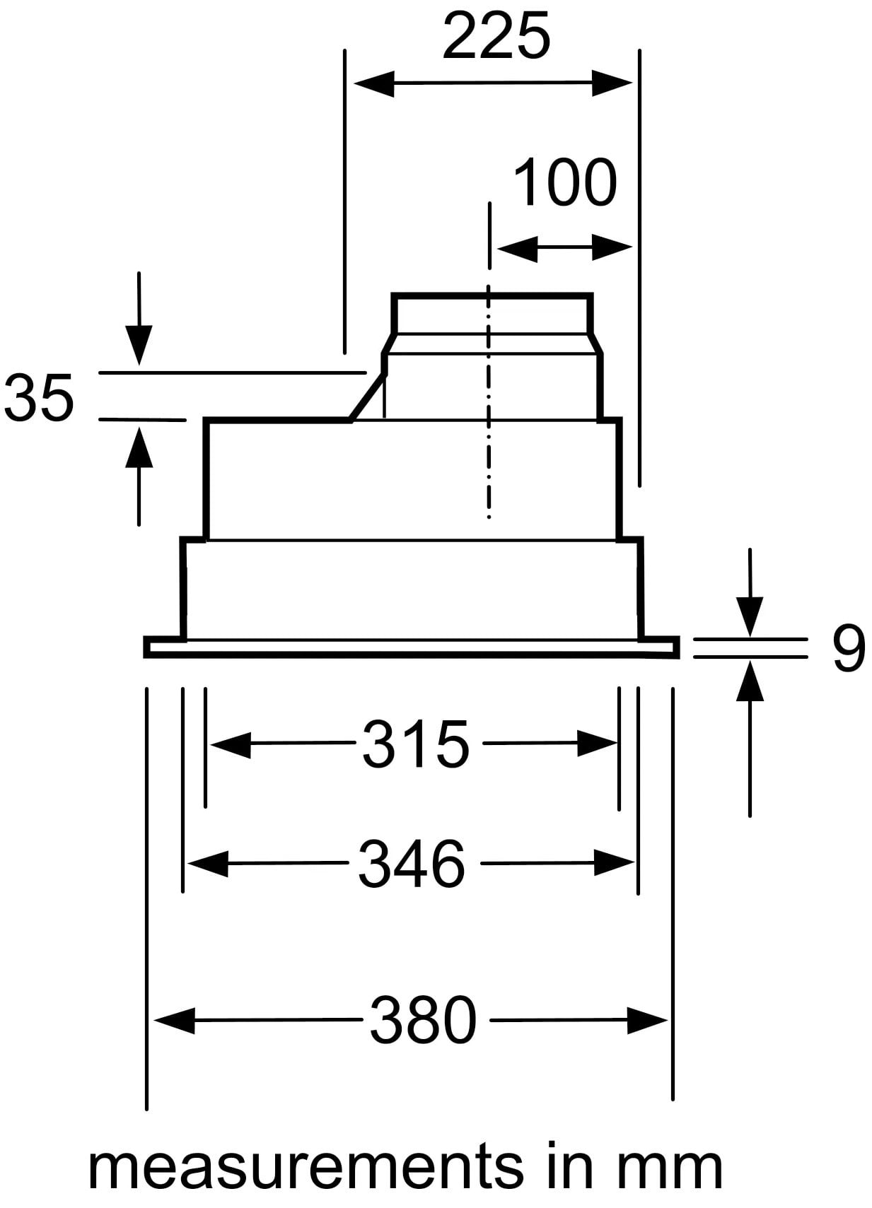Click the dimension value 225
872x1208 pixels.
(496, 35)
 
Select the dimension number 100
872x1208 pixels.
(565, 182)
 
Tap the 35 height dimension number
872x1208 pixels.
(38, 397)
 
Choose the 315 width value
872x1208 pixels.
(416, 744)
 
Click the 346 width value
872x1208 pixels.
(412, 863)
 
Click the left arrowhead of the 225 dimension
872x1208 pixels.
(373, 83)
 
